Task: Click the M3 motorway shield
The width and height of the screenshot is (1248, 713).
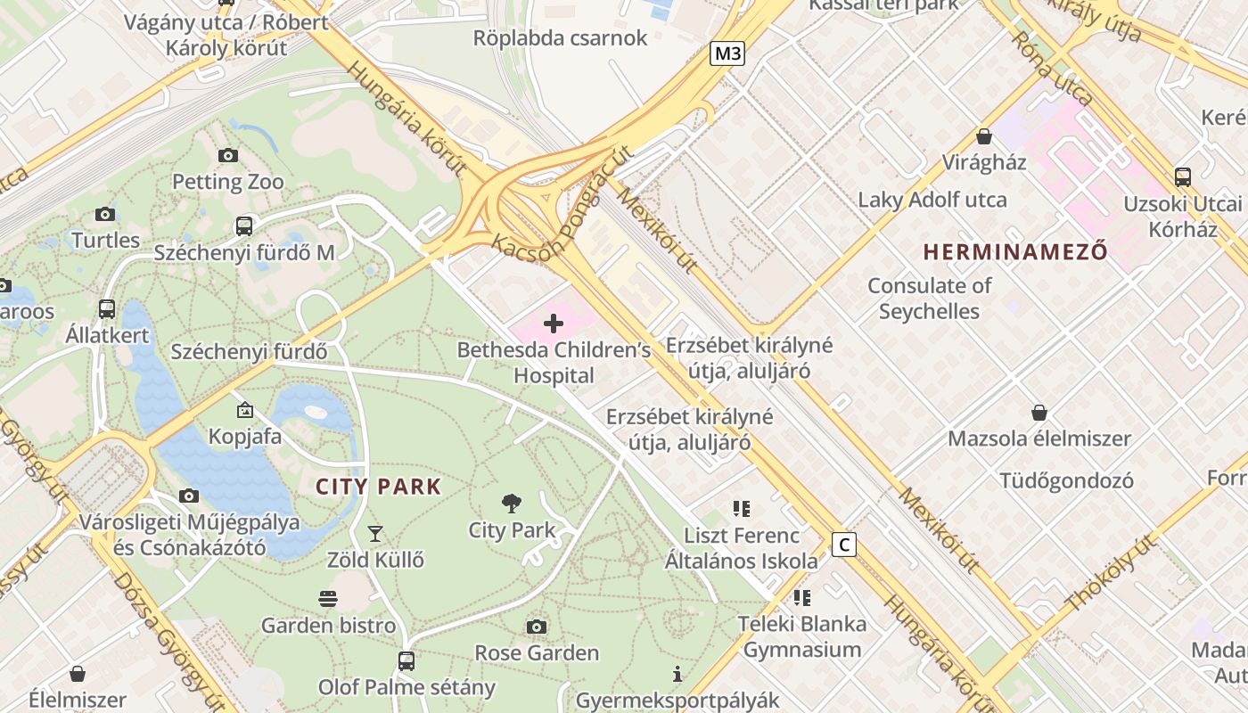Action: click(x=727, y=53)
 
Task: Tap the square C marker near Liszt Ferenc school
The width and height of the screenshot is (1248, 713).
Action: click(x=843, y=545)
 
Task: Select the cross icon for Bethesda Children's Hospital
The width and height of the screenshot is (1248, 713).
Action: click(x=553, y=324)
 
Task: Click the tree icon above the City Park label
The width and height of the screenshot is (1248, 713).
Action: click(x=512, y=504)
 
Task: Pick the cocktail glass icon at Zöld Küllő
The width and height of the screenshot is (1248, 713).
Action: click(x=375, y=534)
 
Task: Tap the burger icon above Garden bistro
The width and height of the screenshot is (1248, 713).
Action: click(x=328, y=599)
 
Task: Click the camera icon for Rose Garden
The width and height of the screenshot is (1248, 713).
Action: click(x=536, y=627)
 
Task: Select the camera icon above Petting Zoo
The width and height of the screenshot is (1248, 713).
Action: click(x=228, y=156)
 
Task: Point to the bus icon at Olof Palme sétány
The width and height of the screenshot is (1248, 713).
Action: click(x=406, y=661)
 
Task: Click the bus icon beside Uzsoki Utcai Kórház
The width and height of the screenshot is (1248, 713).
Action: click(x=1183, y=177)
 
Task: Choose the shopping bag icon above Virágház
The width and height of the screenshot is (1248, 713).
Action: click(x=984, y=136)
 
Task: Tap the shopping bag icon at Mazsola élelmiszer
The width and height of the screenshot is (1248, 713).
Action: click(x=1039, y=413)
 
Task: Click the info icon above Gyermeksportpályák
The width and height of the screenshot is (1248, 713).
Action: click(x=677, y=675)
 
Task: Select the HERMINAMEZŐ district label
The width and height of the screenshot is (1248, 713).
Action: click(x=1015, y=252)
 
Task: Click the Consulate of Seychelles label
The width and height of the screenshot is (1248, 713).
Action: click(x=930, y=299)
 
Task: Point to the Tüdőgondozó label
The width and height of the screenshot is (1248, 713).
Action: click(x=1066, y=481)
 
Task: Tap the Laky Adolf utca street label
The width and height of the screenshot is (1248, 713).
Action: click(x=932, y=200)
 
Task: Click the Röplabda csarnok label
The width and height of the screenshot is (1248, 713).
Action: click(x=560, y=38)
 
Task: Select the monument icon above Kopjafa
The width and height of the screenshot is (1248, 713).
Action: click(x=245, y=411)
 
